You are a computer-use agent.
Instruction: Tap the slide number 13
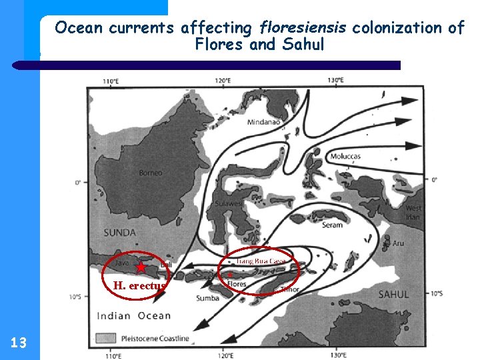point(19,343)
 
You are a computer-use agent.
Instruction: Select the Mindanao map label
point(263,122)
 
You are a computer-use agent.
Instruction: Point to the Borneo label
point(150,173)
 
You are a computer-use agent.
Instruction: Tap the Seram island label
point(331,225)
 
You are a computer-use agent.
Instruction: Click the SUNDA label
point(120,233)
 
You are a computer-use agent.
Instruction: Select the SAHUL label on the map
point(393,293)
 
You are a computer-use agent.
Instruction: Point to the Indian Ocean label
point(134,315)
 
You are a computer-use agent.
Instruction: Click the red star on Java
point(141,267)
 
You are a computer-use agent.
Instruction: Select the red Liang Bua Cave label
point(261,261)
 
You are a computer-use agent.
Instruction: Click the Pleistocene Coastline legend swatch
point(105,338)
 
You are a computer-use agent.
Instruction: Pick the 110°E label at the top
point(111,81)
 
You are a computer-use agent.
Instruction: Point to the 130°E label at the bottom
point(337,353)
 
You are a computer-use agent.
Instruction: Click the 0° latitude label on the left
point(77,182)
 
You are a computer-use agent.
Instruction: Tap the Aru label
point(398,244)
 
